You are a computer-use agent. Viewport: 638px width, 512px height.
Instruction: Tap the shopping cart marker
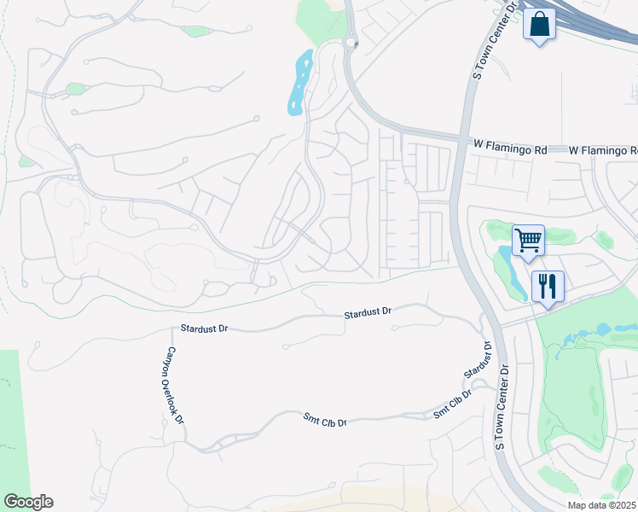point(528,241)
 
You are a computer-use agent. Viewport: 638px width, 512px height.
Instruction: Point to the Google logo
point(28,502)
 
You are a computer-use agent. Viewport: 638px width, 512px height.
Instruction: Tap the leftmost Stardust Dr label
point(205,329)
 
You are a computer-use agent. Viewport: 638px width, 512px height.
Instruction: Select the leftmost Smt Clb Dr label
point(325,420)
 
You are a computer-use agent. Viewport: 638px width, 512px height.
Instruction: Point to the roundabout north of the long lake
point(349,43)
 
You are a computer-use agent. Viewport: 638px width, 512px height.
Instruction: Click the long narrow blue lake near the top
point(299,82)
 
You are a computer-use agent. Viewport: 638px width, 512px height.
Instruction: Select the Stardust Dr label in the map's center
point(367,314)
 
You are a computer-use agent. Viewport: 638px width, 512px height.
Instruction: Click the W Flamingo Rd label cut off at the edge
point(603,150)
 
